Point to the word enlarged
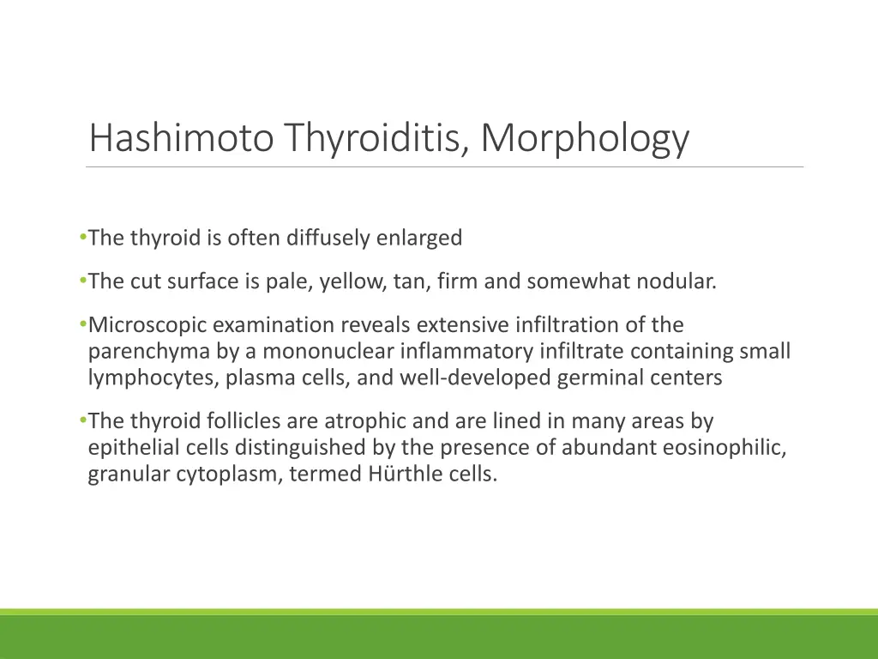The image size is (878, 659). coord(419,238)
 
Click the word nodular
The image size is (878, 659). coord(675,281)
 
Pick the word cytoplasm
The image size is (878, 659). coord(226,475)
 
